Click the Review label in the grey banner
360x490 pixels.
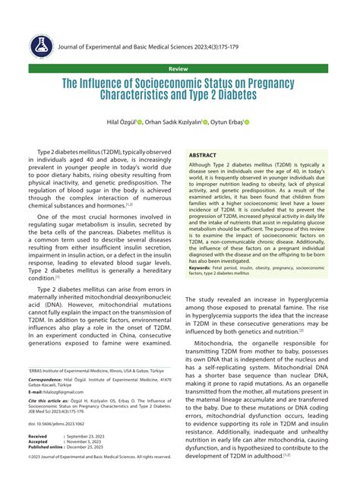[180, 68]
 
